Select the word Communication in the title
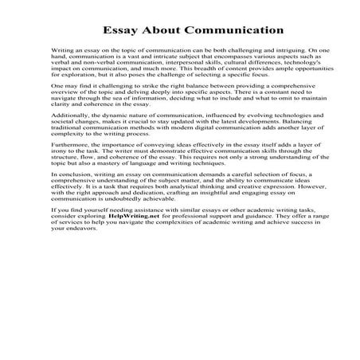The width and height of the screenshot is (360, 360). (220, 34)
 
